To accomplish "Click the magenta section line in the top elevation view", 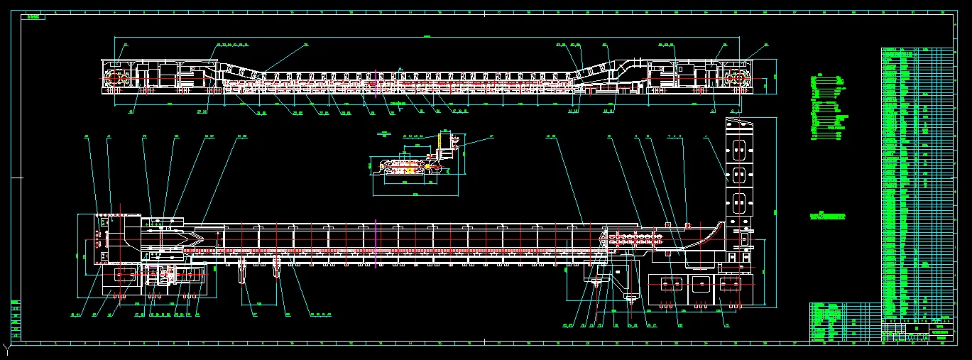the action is (376, 83).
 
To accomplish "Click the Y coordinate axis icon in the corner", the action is (6, 349).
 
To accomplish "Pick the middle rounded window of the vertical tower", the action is (739, 175).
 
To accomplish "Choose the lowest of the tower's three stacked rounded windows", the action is (739, 205).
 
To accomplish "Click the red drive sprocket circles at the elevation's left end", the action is (119, 80).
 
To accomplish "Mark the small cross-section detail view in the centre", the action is (415, 160).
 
